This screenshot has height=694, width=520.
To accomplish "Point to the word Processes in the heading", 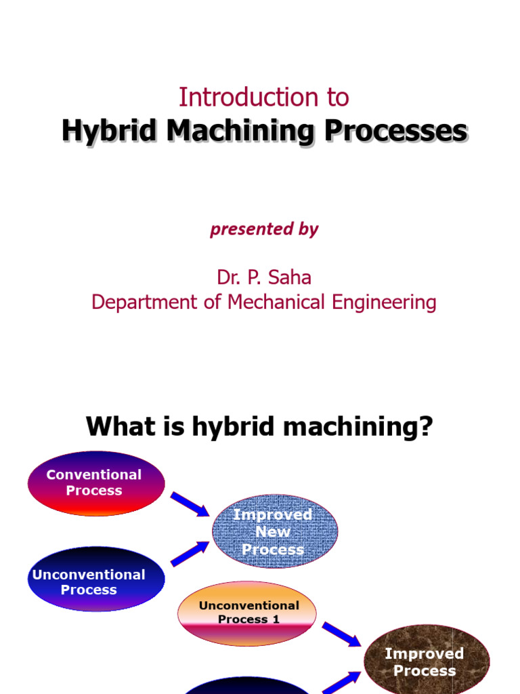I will coord(395,131).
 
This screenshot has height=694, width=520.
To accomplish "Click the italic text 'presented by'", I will coord(264,229).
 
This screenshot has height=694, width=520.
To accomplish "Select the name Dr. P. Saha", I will coord(263,277).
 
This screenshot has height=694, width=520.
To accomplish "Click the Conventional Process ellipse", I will coord(95,483).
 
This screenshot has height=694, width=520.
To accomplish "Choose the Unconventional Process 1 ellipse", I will coord(248,613).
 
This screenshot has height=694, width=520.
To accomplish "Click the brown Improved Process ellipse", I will coord(426,662).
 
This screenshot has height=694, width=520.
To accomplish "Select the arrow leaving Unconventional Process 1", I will coord(341,634).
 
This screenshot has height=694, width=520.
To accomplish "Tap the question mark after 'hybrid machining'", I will coord(426,427).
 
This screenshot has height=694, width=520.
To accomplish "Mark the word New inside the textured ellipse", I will coord(273,532).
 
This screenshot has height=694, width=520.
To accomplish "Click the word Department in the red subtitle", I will coord(146,302).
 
